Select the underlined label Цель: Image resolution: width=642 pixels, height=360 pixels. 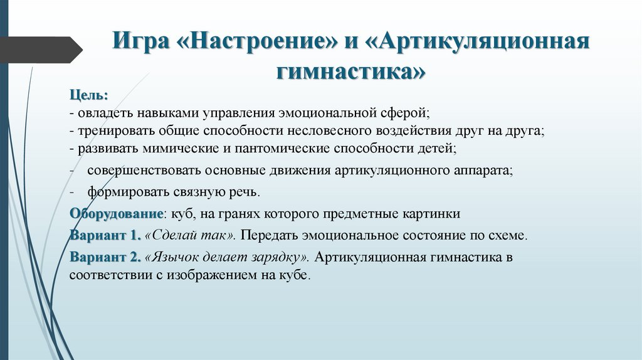(88, 95)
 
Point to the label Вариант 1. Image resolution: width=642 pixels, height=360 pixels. (105, 236)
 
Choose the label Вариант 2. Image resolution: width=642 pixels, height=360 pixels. (105, 257)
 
